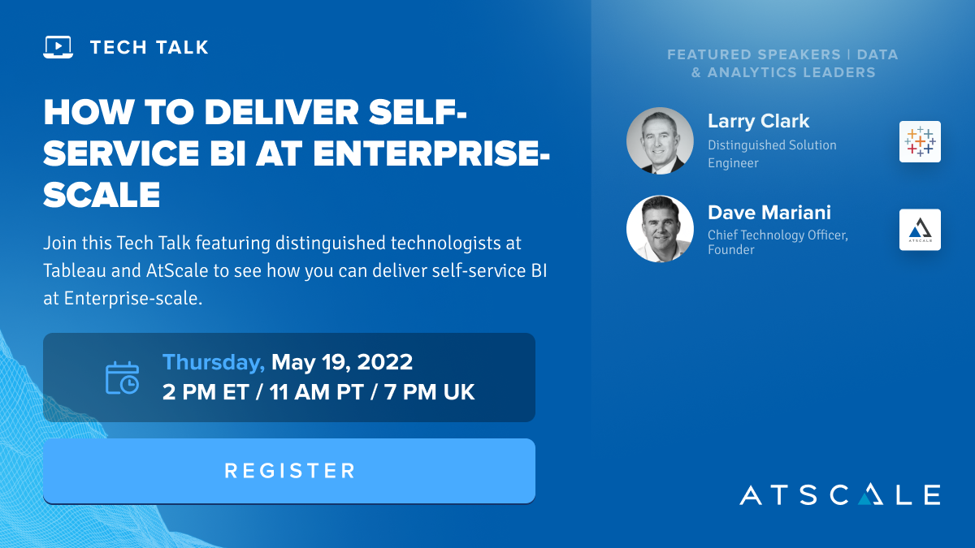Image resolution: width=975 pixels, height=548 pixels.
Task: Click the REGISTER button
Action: coord(289,471)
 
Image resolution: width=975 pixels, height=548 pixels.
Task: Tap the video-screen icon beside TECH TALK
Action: coord(58,47)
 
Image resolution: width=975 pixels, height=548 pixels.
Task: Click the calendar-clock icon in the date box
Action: coord(123,378)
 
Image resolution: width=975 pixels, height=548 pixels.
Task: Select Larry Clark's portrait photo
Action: coord(660,141)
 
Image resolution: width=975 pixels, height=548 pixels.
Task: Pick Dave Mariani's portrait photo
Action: coord(660,229)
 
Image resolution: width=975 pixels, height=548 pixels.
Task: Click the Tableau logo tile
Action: coord(920,141)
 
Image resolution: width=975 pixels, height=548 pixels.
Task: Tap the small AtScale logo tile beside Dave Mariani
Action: coord(920,230)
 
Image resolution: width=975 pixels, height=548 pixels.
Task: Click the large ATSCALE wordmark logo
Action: coord(839,494)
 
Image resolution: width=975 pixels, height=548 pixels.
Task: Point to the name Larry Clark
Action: coord(758,121)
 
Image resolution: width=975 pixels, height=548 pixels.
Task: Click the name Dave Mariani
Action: coord(769,213)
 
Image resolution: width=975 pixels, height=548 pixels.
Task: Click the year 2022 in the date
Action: coord(385,362)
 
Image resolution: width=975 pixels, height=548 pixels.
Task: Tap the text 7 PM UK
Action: coord(429,392)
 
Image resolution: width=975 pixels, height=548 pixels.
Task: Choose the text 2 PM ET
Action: coord(206,392)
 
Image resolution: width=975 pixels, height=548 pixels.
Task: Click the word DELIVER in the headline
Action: coord(281,112)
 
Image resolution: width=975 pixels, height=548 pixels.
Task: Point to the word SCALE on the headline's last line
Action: coord(102,194)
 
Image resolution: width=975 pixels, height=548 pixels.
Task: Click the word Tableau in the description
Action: coord(75,270)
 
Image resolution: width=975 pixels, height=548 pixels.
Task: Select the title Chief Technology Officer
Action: coord(778,235)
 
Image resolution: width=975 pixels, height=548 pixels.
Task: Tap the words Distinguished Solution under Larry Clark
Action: coord(772,145)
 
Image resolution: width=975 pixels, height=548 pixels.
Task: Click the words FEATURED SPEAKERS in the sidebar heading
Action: coord(754,54)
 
